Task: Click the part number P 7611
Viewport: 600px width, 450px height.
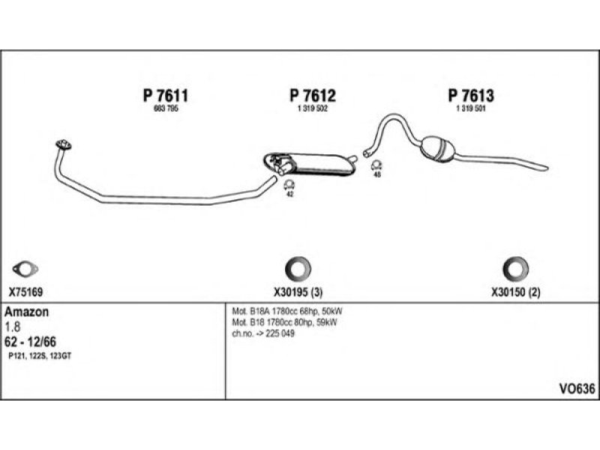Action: point(164,96)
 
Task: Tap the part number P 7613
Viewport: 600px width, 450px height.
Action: point(471,96)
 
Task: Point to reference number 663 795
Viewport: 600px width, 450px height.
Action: point(164,109)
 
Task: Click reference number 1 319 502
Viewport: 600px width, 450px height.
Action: point(312,109)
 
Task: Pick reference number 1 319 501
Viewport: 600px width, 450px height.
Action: point(471,109)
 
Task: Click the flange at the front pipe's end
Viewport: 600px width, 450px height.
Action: point(62,144)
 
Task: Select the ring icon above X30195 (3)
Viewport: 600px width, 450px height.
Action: point(298,268)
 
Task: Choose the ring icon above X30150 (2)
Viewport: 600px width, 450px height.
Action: point(514,268)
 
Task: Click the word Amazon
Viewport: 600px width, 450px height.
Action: point(28,312)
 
